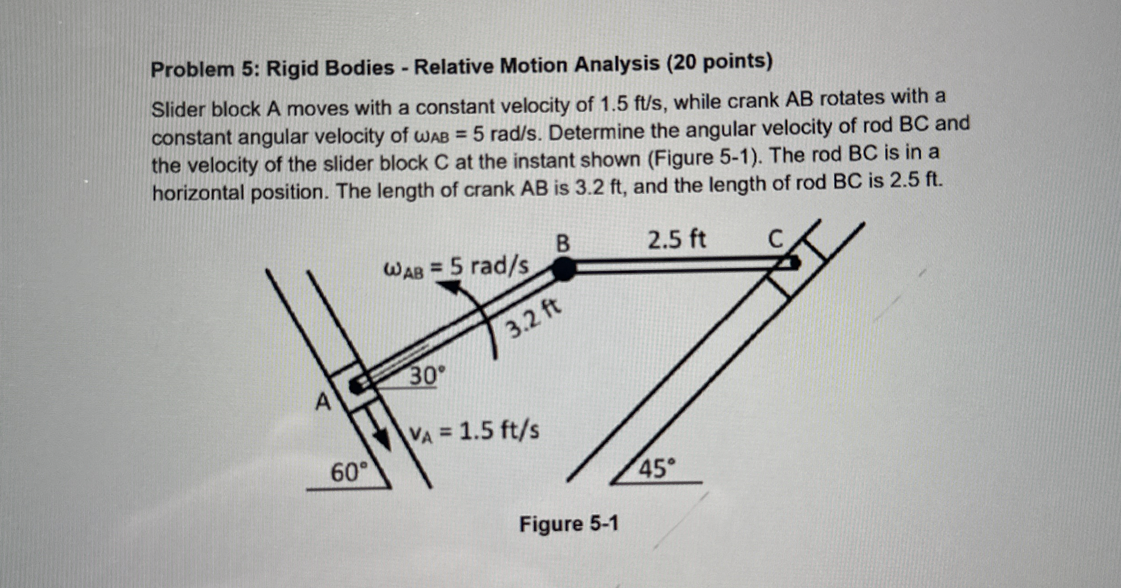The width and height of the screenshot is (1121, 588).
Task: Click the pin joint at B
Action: (564, 269)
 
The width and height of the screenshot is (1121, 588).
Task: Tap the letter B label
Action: (563, 243)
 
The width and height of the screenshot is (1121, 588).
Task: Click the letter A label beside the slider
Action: (323, 402)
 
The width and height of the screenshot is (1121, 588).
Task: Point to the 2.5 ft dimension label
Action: (677, 239)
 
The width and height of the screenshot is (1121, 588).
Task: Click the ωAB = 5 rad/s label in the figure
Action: (457, 268)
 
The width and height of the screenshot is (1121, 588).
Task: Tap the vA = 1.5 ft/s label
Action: (475, 431)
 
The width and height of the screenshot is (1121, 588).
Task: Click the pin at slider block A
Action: (356, 386)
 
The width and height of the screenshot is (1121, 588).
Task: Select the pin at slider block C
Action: (794, 263)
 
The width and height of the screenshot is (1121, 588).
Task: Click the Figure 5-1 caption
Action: (569, 524)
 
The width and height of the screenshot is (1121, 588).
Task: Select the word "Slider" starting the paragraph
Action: (177, 109)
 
